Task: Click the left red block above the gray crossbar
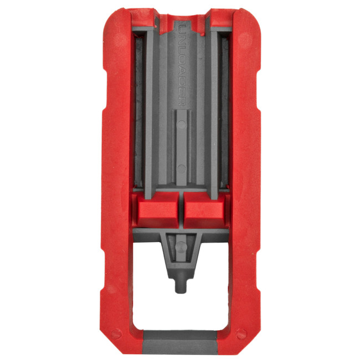tap(156, 210)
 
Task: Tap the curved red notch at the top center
tap(181, 12)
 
